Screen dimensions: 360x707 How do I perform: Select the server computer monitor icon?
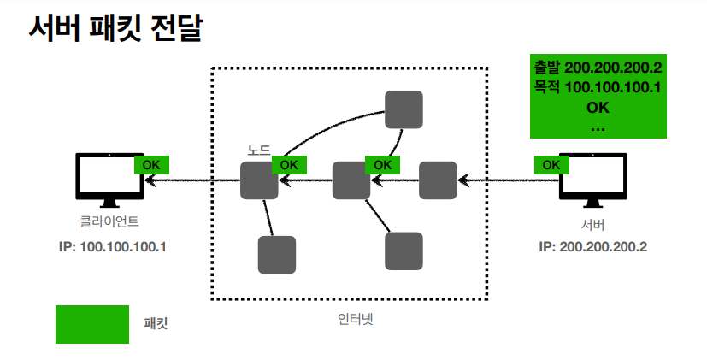tap(593, 178)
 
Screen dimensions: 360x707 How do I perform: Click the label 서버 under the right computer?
tap(592, 225)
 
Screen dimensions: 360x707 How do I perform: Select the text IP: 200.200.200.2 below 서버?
tap(592, 246)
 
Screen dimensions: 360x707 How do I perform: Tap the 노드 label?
tap(258, 149)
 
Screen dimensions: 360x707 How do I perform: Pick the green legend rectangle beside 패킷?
tap(92, 324)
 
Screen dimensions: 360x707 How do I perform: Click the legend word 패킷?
tap(156, 324)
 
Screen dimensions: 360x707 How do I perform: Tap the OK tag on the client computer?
tap(151, 164)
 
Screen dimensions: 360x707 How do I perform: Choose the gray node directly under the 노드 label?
tap(259, 180)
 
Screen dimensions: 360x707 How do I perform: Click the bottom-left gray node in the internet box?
tap(277, 255)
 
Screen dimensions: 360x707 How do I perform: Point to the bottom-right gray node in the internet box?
tap(404, 251)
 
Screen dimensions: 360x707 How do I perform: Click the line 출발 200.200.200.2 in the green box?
tap(598, 68)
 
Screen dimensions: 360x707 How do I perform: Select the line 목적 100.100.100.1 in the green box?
tap(598, 87)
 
